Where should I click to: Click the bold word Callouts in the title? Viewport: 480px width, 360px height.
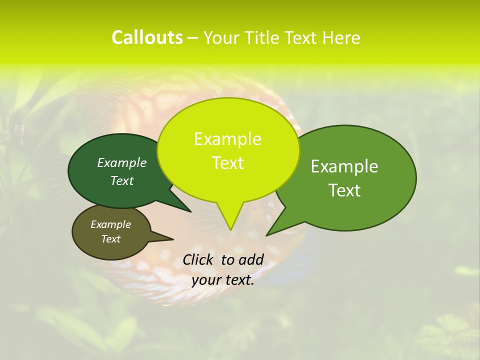(147, 37)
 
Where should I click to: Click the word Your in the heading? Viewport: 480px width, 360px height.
(222, 37)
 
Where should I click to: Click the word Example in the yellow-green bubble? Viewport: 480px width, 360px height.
(227, 139)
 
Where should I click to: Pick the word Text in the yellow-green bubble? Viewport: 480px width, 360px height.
(227, 163)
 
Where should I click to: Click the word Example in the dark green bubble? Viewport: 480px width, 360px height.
(121, 162)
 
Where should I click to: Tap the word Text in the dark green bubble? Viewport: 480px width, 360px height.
(121, 180)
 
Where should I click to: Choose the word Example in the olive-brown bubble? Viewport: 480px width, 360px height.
(110, 224)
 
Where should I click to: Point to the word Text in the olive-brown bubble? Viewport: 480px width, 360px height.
(110, 239)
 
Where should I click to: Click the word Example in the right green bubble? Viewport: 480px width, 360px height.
(344, 166)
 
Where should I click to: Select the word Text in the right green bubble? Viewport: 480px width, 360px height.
(344, 190)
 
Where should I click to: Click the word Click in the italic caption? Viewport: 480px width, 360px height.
(199, 259)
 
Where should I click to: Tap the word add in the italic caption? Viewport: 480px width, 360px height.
(250, 259)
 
